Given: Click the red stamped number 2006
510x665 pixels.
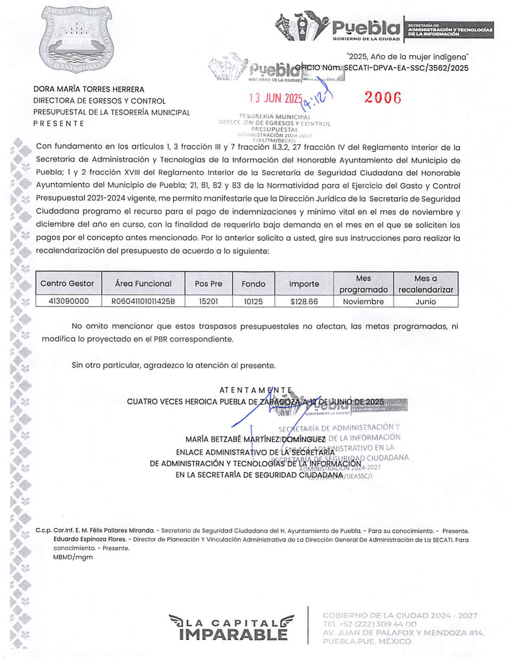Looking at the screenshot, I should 382,98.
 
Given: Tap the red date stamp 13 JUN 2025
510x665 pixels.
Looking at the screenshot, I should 275,98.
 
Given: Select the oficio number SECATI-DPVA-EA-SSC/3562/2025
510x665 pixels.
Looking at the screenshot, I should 406,68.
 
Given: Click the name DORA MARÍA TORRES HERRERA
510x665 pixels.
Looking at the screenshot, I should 88,89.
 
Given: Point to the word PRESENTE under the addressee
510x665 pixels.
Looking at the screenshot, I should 59,123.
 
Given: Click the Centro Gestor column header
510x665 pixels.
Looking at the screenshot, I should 67,283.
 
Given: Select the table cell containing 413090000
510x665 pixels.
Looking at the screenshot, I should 68,301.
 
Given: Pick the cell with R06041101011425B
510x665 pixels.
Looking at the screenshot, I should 143,301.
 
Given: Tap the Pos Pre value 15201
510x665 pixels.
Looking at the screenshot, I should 208,301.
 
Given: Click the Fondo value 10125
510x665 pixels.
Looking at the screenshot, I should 253,301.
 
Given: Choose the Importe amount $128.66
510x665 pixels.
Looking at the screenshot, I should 304,301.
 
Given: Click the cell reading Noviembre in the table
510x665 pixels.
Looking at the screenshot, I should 363,301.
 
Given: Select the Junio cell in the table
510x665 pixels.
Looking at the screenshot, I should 426,301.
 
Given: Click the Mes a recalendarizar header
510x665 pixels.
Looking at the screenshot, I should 426,284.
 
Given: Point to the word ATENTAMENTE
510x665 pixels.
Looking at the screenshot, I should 256,390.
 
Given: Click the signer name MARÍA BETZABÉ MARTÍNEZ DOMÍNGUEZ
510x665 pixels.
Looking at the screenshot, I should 255,440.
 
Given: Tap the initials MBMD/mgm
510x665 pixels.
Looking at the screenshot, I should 73,557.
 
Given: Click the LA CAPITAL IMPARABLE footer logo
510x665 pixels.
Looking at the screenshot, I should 231,627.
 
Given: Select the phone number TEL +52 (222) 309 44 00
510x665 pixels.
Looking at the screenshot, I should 369,624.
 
